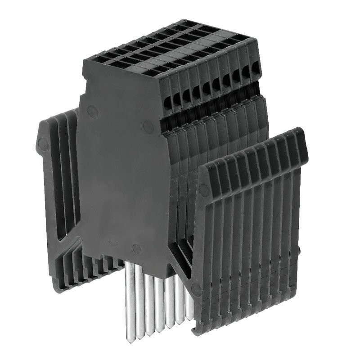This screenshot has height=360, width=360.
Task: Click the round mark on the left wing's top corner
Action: (43, 144)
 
